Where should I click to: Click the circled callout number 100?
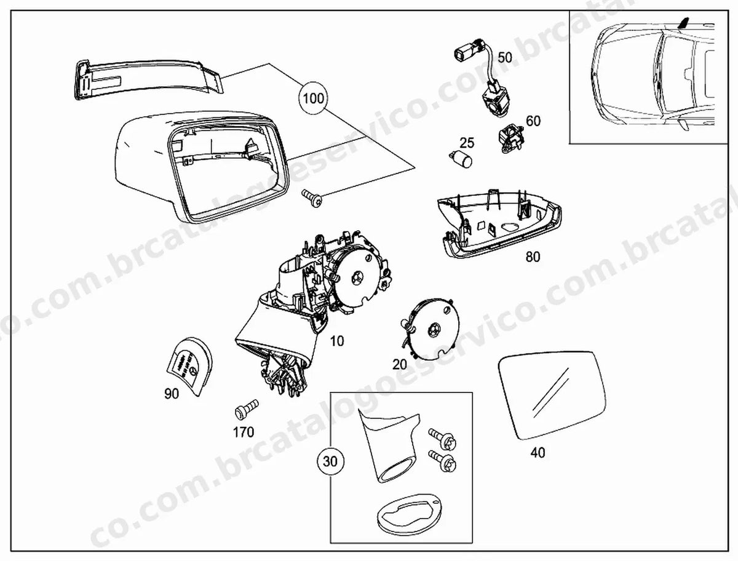click(x=314, y=98)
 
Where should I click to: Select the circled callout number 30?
click(x=330, y=461)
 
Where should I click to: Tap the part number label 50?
click(x=505, y=57)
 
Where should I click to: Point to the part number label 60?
click(x=533, y=121)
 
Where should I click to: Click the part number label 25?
click(x=467, y=143)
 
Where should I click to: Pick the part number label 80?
click(x=533, y=257)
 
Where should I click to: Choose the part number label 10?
click(x=337, y=341)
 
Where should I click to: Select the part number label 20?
click(x=400, y=364)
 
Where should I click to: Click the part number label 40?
click(x=538, y=453)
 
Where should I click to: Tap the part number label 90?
click(x=172, y=394)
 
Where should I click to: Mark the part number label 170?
click(x=244, y=432)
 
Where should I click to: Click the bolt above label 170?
click(x=247, y=410)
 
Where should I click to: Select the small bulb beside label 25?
click(x=461, y=159)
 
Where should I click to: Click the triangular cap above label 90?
click(x=190, y=367)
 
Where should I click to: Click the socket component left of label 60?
click(x=511, y=138)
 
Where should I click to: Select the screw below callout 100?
click(x=312, y=197)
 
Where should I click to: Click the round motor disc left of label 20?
click(x=431, y=328)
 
